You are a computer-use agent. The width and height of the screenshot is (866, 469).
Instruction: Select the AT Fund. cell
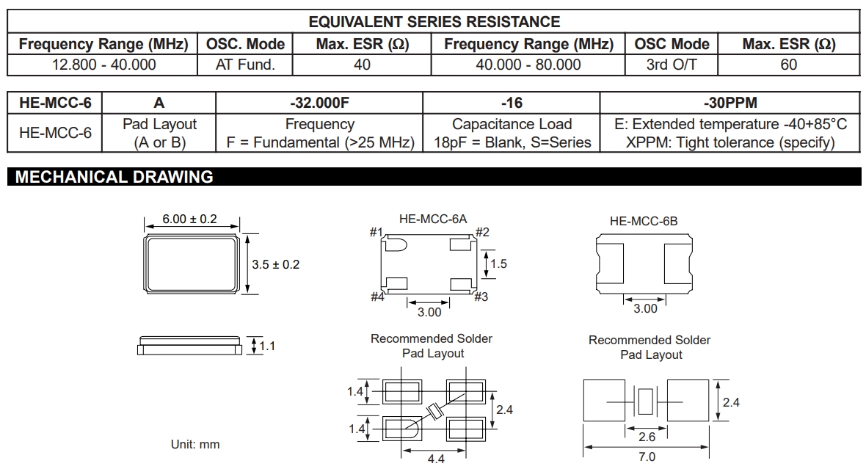coord(245,65)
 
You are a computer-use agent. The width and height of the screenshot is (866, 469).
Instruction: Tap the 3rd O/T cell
coord(672,65)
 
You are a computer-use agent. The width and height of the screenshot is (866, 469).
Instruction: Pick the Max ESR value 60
coord(789,65)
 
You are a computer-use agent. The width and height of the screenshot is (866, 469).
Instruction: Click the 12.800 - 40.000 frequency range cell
coord(103,65)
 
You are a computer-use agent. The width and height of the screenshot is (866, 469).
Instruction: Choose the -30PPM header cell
coord(730,103)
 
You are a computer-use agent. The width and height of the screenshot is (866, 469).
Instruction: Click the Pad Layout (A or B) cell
coord(159,134)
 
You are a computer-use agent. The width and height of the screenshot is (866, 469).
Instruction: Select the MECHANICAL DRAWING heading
coord(114,177)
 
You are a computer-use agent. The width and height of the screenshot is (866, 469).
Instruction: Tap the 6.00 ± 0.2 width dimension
coord(190,219)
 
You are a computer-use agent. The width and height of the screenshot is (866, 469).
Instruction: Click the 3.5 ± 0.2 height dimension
coord(275,264)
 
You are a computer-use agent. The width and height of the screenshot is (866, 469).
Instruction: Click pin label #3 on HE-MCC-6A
coord(481,297)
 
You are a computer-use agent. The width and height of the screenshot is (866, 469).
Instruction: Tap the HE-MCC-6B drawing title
coord(644,220)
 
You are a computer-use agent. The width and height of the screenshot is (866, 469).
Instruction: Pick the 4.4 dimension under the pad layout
coord(436,459)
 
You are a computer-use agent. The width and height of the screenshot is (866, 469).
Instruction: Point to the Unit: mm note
coord(194,444)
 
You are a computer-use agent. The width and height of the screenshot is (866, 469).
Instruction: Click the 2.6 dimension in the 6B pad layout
coord(646,436)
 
